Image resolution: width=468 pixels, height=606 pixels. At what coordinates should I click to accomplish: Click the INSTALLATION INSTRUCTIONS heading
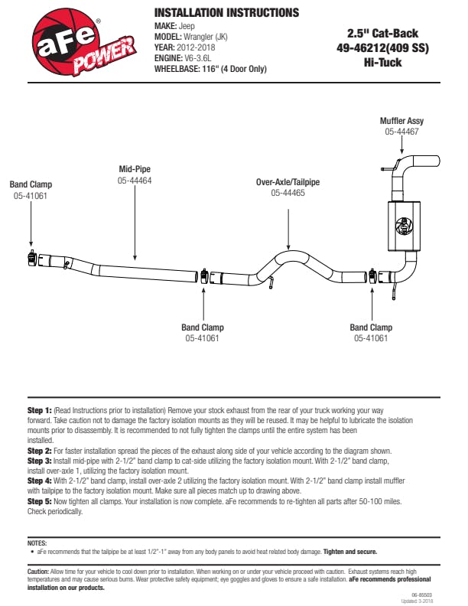click(x=226, y=13)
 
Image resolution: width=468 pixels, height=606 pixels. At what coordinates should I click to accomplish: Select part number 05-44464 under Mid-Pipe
click(x=135, y=181)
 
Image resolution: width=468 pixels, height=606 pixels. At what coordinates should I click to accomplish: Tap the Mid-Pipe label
click(x=135, y=169)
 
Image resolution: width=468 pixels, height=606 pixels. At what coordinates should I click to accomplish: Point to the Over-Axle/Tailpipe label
click(x=288, y=182)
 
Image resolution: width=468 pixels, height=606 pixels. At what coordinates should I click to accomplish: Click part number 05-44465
click(x=288, y=194)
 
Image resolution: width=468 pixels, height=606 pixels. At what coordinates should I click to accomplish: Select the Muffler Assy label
click(x=401, y=121)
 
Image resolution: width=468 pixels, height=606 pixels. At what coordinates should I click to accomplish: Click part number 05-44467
click(x=401, y=132)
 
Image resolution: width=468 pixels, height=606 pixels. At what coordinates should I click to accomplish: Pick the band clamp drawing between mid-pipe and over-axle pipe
click(x=204, y=275)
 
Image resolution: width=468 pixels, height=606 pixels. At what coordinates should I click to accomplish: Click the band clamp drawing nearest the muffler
click(x=372, y=276)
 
